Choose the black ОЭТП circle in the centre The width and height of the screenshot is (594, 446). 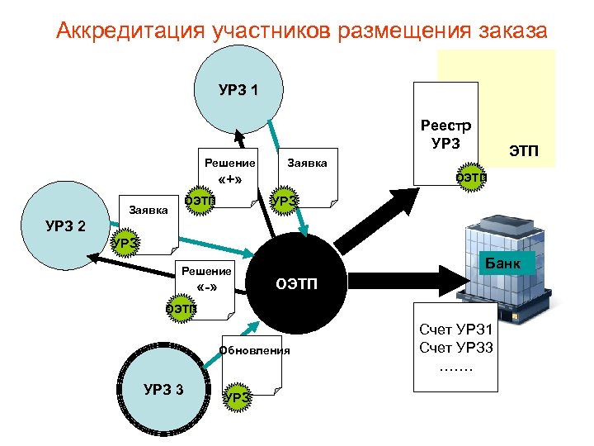[x=294, y=285]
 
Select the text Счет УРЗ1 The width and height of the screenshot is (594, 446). [x=456, y=330]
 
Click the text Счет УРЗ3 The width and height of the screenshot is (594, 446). [x=456, y=347]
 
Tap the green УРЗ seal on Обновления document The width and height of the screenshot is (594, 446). [x=238, y=397]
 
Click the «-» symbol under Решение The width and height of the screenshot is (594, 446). [x=208, y=288]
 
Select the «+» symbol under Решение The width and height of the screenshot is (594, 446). [x=229, y=180]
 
